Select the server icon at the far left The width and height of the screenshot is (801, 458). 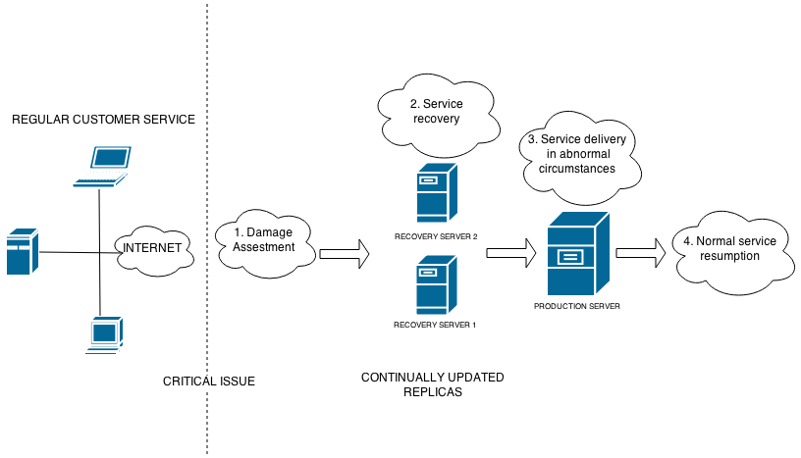22,251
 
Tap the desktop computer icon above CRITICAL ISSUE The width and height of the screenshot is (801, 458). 104,336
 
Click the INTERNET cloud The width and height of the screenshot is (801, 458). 151,247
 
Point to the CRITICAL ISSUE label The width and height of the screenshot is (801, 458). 208,382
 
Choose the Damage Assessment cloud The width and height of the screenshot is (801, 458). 264,241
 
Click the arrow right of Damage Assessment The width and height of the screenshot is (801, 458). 344,254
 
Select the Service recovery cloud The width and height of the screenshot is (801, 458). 436,113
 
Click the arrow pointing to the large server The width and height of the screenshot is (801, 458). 510,254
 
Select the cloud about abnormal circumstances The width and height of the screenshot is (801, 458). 577,155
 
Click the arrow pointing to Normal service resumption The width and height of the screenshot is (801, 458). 640,253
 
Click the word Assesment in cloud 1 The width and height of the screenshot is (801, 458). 264,248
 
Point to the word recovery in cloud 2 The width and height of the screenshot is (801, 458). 437,120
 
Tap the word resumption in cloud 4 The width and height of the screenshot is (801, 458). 729,256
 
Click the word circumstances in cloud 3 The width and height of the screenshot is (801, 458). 570,169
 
